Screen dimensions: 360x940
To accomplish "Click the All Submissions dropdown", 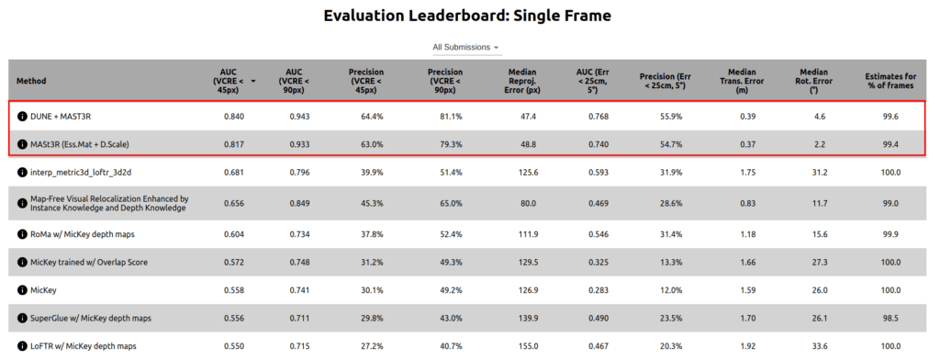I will [x=466, y=47].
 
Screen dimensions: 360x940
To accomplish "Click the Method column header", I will [x=31, y=81].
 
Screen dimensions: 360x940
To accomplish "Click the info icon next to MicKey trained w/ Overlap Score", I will [x=22, y=262].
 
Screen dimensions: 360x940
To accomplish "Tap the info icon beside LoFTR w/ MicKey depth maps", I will [x=22, y=346].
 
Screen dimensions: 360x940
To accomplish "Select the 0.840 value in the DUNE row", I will [x=233, y=117].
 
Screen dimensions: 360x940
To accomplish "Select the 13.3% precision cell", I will [x=672, y=262].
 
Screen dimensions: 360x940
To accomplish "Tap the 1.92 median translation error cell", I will [x=742, y=346].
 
